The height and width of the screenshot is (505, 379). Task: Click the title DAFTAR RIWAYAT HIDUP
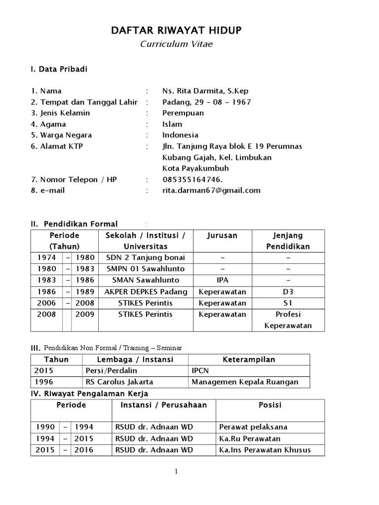coord(176,32)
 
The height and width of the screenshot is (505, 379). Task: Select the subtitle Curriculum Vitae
coord(176,44)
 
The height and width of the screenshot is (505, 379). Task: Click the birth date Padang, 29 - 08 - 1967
coord(207,102)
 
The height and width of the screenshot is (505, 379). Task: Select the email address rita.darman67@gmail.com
coord(211,190)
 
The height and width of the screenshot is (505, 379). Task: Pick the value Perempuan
coord(183,113)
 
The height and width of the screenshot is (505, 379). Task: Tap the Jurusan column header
coord(222,236)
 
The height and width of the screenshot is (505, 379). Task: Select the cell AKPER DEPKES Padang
coord(146,291)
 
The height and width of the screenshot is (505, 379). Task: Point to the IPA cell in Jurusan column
coord(222,280)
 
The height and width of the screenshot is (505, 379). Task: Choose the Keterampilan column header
coord(249,360)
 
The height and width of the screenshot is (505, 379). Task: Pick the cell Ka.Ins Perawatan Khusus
coord(265,450)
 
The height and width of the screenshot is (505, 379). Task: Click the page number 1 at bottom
coord(176,472)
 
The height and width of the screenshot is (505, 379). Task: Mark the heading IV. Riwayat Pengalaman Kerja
coord(89,394)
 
